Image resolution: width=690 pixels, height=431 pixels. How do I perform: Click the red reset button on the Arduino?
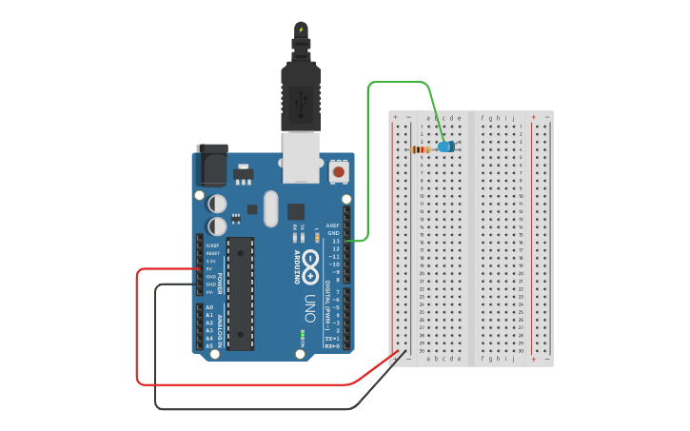[x=339, y=172]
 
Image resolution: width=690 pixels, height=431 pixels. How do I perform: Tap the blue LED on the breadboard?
[x=444, y=147]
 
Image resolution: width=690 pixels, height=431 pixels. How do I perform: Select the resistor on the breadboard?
[x=421, y=149]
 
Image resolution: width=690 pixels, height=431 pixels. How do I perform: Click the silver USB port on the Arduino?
[x=302, y=156]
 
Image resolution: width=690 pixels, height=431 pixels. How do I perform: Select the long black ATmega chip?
[x=241, y=293]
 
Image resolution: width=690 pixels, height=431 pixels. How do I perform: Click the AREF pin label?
[x=333, y=225]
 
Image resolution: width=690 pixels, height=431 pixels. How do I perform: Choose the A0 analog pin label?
[x=209, y=307]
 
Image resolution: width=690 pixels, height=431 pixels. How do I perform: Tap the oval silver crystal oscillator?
[x=270, y=208]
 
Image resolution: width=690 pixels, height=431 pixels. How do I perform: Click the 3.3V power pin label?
[x=212, y=261]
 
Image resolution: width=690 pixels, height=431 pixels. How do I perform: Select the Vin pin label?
[x=209, y=291]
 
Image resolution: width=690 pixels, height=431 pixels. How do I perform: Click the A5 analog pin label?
[x=209, y=345]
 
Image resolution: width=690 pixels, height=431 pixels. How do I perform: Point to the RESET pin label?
[x=212, y=253]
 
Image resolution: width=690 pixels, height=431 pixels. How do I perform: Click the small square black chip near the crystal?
[x=296, y=211]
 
